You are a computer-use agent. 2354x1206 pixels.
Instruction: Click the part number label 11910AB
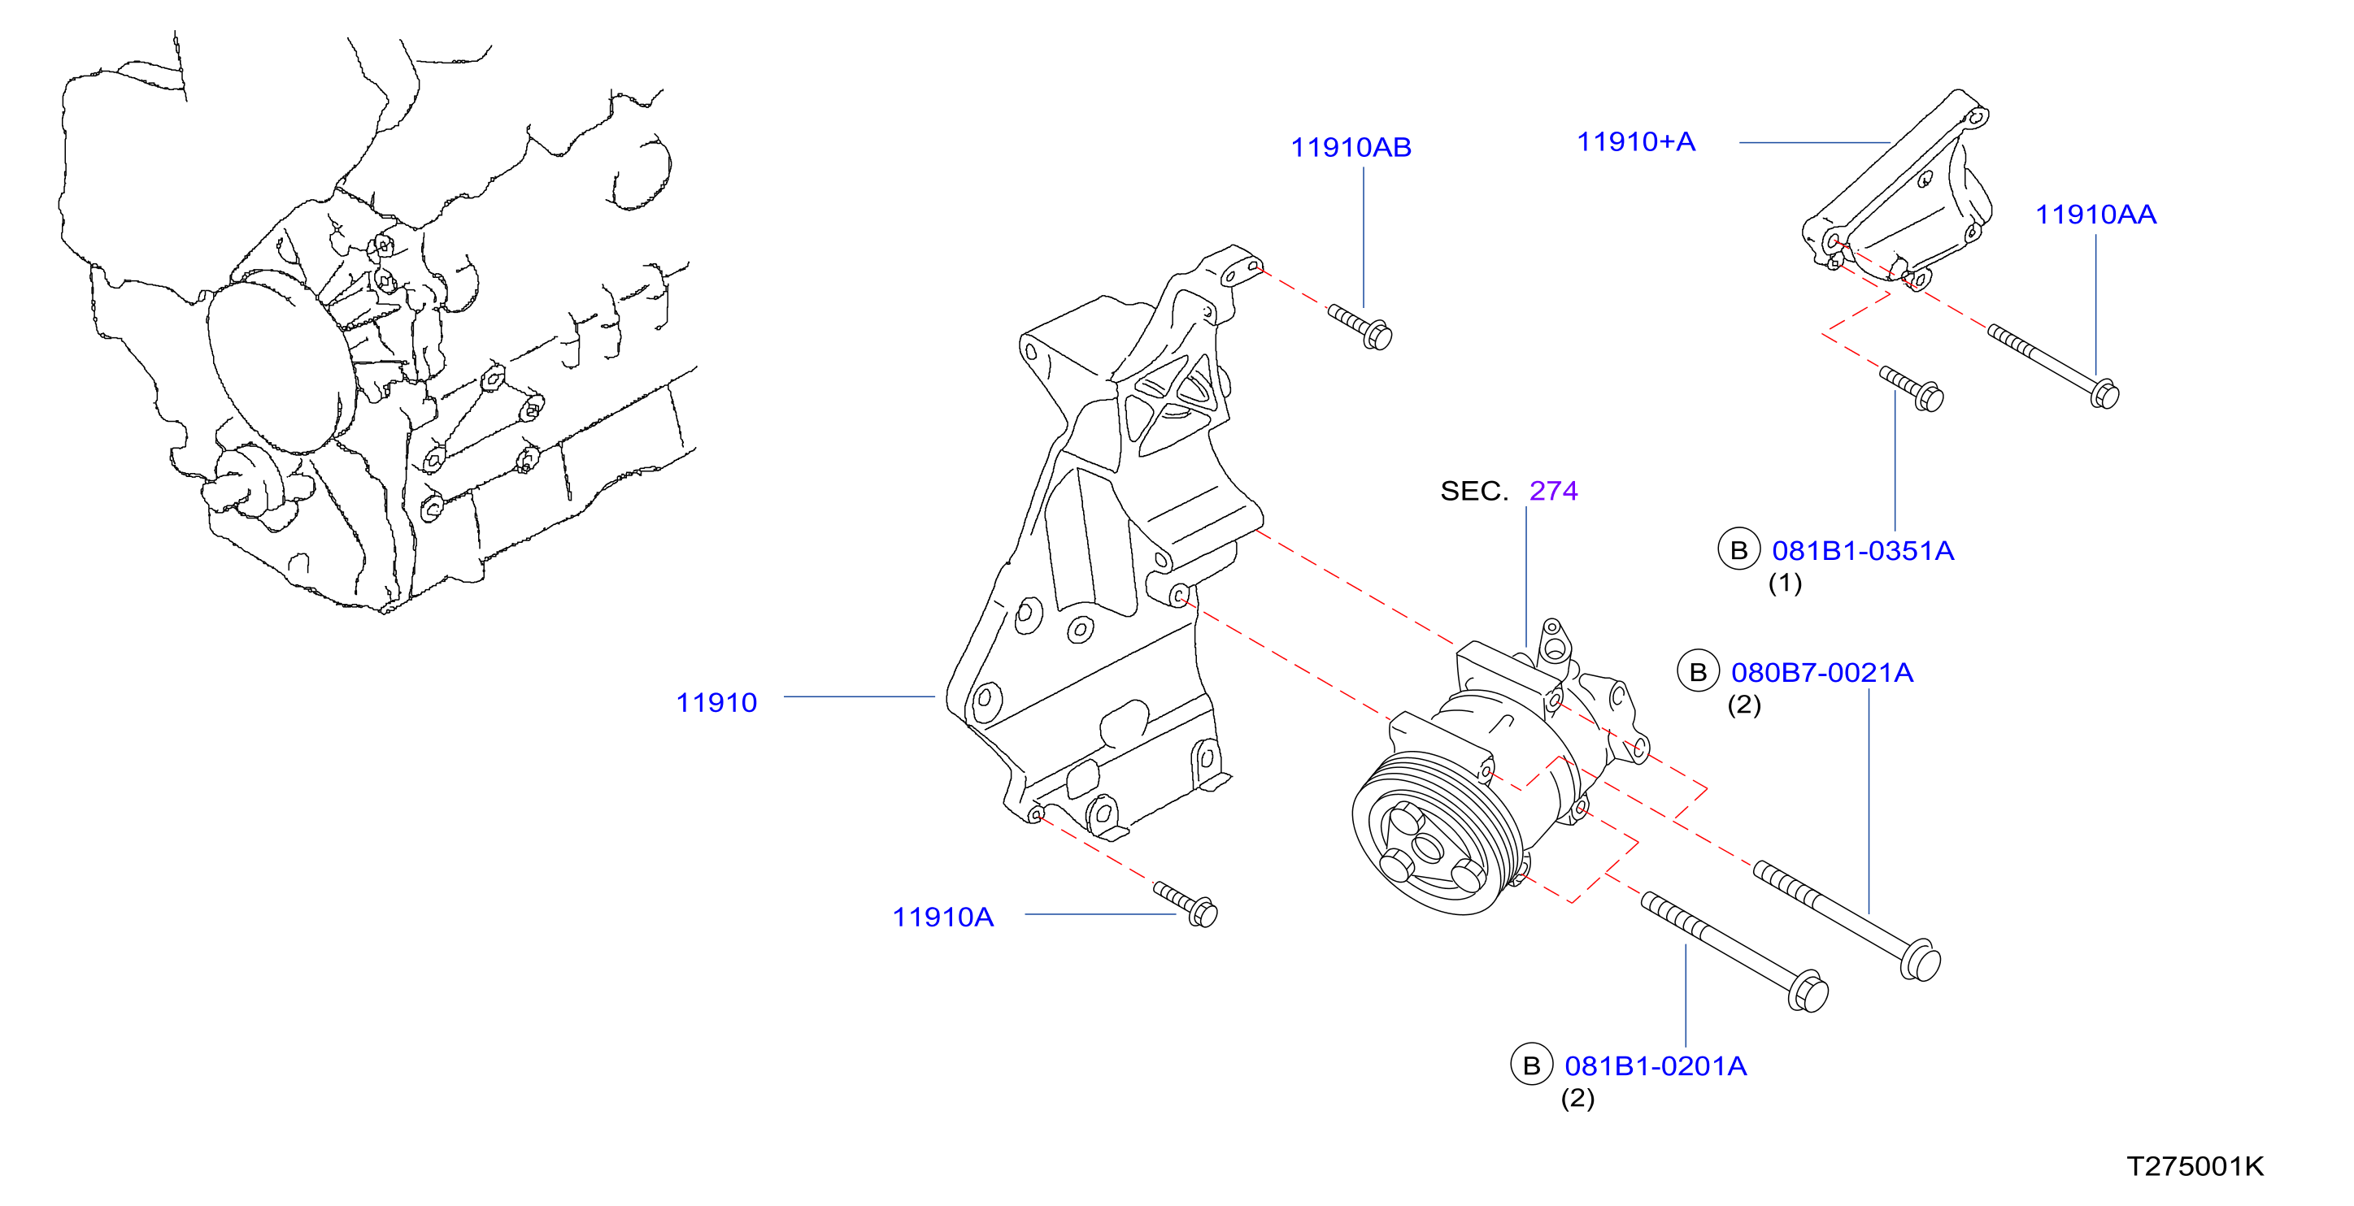[1351, 147]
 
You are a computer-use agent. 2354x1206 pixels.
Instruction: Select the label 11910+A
[1636, 141]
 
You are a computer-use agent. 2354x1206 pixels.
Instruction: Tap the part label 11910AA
[2095, 215]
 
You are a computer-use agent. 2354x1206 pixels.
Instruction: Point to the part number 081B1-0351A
[1862, 551]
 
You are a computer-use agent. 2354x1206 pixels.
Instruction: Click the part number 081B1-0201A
[1655, 1066]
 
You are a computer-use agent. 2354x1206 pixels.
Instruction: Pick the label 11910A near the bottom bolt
[942, 918]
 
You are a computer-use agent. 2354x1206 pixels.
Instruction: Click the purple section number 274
[1554, 492]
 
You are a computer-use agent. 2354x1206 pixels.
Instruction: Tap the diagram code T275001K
[2195, 1167]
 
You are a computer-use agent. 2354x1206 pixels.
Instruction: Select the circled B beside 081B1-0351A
[1739, 550]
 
